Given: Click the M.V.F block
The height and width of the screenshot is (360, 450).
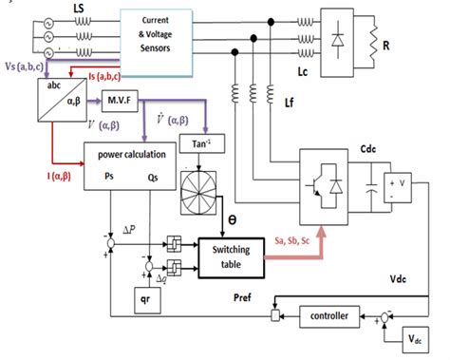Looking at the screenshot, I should pyautogui.click(x=120, y=98).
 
